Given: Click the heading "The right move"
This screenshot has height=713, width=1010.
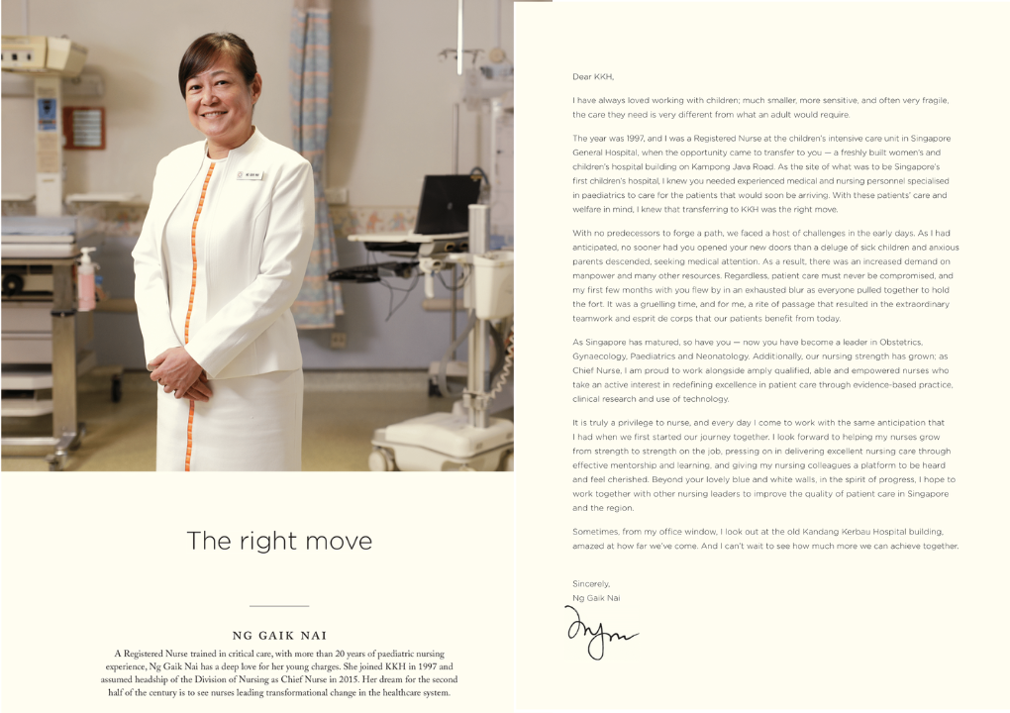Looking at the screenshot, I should pos(279,541).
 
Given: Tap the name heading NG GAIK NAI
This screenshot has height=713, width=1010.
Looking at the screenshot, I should pos(279,636).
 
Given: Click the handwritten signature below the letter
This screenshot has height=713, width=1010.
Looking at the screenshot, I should pos(600,632).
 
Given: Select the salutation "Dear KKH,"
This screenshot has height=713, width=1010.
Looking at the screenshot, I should pos(594,76).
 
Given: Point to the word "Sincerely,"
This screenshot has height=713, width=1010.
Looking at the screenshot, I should pos(591,583).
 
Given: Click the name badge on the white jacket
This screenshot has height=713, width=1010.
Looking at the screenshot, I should pos(249,175).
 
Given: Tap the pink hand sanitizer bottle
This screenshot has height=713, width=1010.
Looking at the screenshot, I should pos(87,280).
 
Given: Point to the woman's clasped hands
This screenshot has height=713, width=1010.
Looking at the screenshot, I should pos(181,374).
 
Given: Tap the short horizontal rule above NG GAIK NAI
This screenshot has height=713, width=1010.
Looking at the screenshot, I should pos(279,605).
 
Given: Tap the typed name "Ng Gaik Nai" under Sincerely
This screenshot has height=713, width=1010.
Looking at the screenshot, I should pos(596,598).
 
